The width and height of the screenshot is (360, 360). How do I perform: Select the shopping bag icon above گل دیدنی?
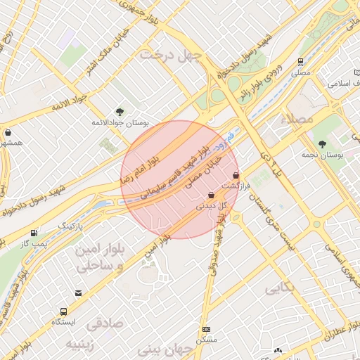(x=211, y=195)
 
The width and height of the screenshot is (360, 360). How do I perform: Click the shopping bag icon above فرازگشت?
(x=235, y=174)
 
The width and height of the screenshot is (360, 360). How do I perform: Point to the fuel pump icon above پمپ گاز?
(x=34, y=233)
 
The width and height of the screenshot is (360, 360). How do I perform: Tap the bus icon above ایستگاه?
(x=65, y=311)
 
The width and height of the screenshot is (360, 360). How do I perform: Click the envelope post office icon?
(x=78, y=293)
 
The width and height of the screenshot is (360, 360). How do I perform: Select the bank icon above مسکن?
(x=206, y=329)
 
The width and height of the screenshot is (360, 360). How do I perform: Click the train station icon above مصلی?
(x=301, y=62)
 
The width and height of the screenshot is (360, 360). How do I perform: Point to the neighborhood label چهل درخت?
(x=170, y=54)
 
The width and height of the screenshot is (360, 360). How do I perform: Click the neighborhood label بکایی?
(x=280, y=288)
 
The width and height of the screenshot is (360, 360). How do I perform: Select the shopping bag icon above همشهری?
(x=8, y=132)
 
